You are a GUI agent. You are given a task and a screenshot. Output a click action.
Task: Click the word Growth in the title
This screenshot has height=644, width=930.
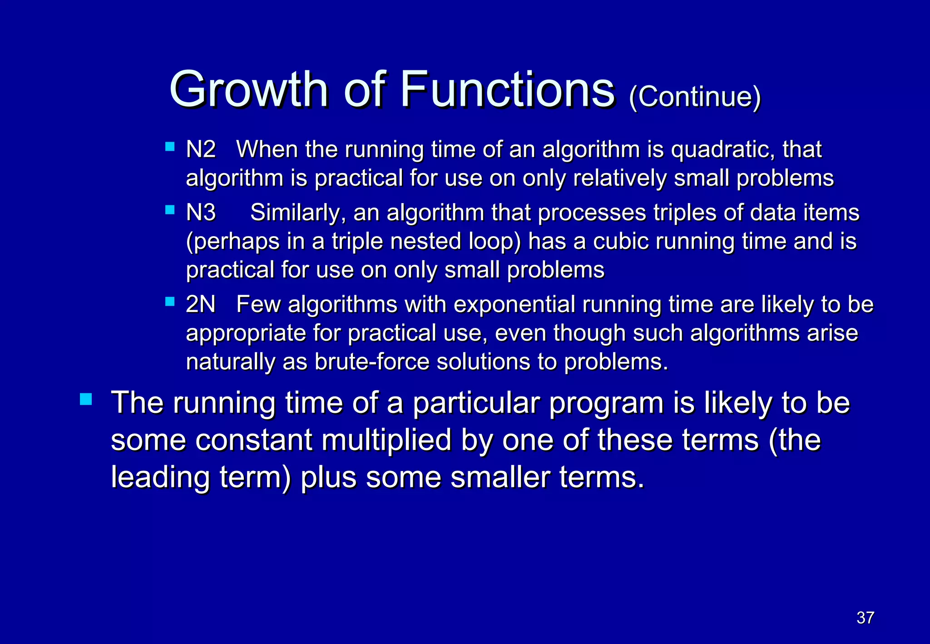pos(248,89)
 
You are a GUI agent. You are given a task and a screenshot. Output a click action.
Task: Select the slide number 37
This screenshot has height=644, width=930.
pos(865,618)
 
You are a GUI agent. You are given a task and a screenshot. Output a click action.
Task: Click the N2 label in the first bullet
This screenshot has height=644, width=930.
pos(201,149)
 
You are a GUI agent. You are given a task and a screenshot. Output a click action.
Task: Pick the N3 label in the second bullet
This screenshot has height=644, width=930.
pos(201,212)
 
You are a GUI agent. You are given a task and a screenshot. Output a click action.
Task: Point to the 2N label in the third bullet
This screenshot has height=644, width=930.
pos(201,304)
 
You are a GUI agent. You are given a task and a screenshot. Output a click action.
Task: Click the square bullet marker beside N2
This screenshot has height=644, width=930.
pos(170,147)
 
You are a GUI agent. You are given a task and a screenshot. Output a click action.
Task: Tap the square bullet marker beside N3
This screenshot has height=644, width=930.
pos(170,210)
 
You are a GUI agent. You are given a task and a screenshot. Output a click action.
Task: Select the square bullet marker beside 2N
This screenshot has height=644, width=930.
pos(170,302)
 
